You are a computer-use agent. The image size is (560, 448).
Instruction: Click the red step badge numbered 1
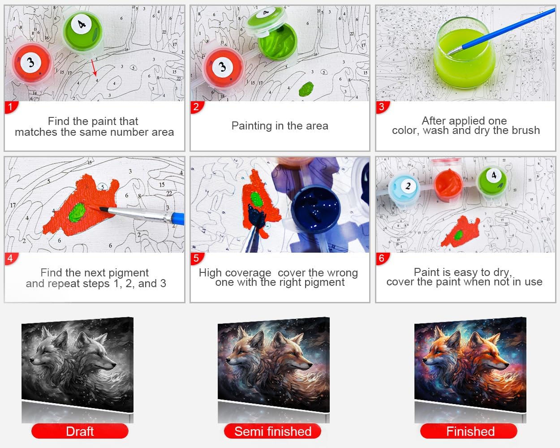click(x=11, y=107)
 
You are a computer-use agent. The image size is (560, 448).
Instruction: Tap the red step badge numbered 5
click(x=197, y=258)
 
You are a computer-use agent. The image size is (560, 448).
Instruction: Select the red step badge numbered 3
click(x=382, y=107)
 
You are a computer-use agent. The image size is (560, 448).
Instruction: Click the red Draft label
click(x=80, y=431)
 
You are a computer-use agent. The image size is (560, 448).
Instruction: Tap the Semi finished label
click(x=273, y=431)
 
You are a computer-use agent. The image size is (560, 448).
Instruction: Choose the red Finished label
click(x=469, y=431)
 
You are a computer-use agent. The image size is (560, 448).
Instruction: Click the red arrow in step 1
click(x=94, y=67)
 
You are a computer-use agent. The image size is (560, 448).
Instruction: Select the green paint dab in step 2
click(x=306, y=89)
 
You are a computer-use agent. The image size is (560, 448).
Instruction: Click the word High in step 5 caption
click(x=210, y=273)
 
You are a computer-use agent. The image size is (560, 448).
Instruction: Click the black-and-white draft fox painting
click(x=78, y=364)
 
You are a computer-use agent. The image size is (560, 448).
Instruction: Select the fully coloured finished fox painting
click(x=470, y=364)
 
